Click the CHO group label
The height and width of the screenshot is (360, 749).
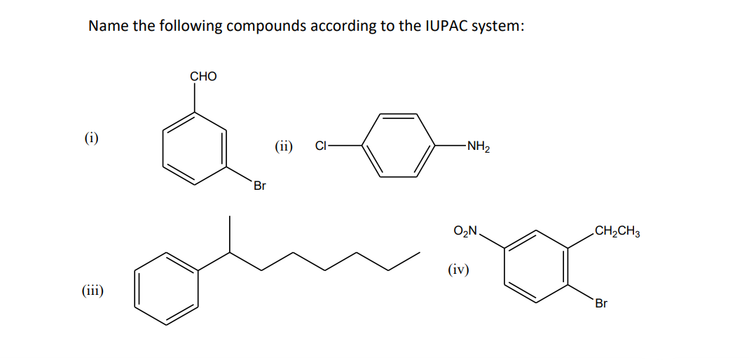click(203, 76)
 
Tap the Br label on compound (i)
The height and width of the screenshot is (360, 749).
click(260, 186)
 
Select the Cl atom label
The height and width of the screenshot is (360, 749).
click(321, 146)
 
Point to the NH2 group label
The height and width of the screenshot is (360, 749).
click(479, 146)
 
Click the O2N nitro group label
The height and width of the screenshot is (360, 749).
click(466, 230)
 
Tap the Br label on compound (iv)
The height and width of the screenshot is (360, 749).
click(601, 303)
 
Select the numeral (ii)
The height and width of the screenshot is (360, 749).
click(284, 146)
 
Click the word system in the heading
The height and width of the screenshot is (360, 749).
click(497, 27)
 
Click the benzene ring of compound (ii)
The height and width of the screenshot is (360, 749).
click(397, 146)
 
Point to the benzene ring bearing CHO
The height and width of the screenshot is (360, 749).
click(195, 148)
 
